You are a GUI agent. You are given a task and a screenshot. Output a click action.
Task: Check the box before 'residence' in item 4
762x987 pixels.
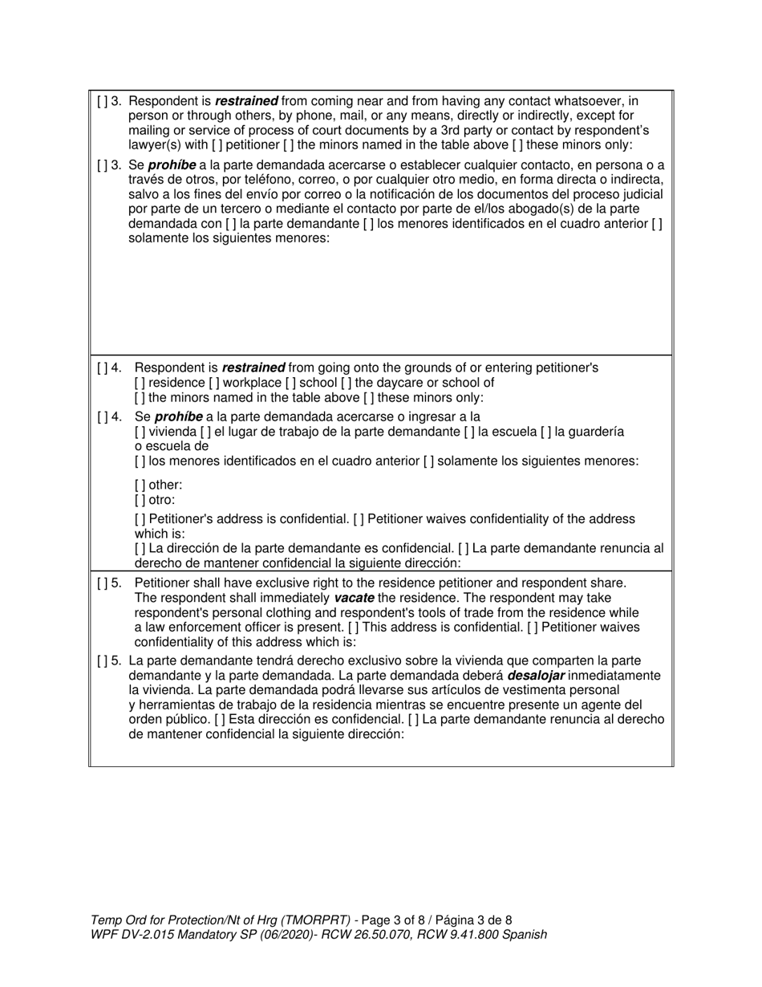pos(140,383)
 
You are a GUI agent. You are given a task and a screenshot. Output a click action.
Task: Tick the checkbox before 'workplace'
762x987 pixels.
pos(214,383)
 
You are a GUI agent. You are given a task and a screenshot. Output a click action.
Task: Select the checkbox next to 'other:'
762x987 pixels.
pos(140,485)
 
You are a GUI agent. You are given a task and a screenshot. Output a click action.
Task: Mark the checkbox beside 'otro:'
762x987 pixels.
pos(140,499)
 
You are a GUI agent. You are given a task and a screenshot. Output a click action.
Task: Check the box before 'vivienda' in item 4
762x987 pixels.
pos(140,432)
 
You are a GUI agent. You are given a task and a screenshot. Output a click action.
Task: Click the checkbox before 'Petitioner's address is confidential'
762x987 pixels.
pos(140,519)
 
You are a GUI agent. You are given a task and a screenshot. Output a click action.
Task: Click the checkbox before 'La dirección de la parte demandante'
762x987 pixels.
pos(140,548)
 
